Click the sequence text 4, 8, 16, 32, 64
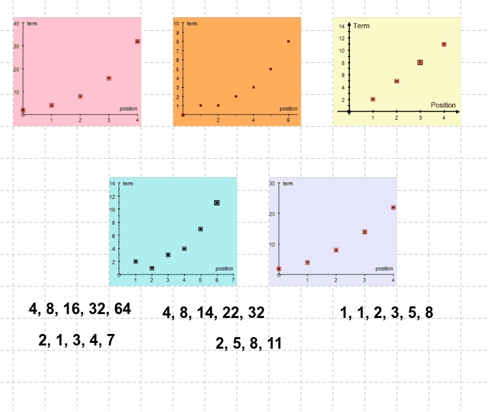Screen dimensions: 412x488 80,309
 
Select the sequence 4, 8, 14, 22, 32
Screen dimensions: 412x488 214,312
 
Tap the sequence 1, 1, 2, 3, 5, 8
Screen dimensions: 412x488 386,313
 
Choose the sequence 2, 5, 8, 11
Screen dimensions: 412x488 249,344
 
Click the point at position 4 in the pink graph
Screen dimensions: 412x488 138,42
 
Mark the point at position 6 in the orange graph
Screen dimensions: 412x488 288,42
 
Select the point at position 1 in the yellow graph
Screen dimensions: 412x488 373,99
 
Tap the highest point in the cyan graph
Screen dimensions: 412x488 217,203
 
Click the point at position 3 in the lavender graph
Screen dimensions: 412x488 365,232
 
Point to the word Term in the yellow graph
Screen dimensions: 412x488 362,26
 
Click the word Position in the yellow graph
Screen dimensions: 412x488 443,105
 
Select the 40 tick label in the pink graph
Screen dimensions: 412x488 17,24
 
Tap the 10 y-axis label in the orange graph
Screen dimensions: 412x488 177,24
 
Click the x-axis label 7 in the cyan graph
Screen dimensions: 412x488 233,280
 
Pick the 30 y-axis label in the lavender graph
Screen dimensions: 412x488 272,184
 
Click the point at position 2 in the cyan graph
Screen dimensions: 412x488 152,268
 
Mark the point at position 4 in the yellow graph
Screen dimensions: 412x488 444,44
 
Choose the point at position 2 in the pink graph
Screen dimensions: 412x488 80,96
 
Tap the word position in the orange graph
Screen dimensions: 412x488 288,109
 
